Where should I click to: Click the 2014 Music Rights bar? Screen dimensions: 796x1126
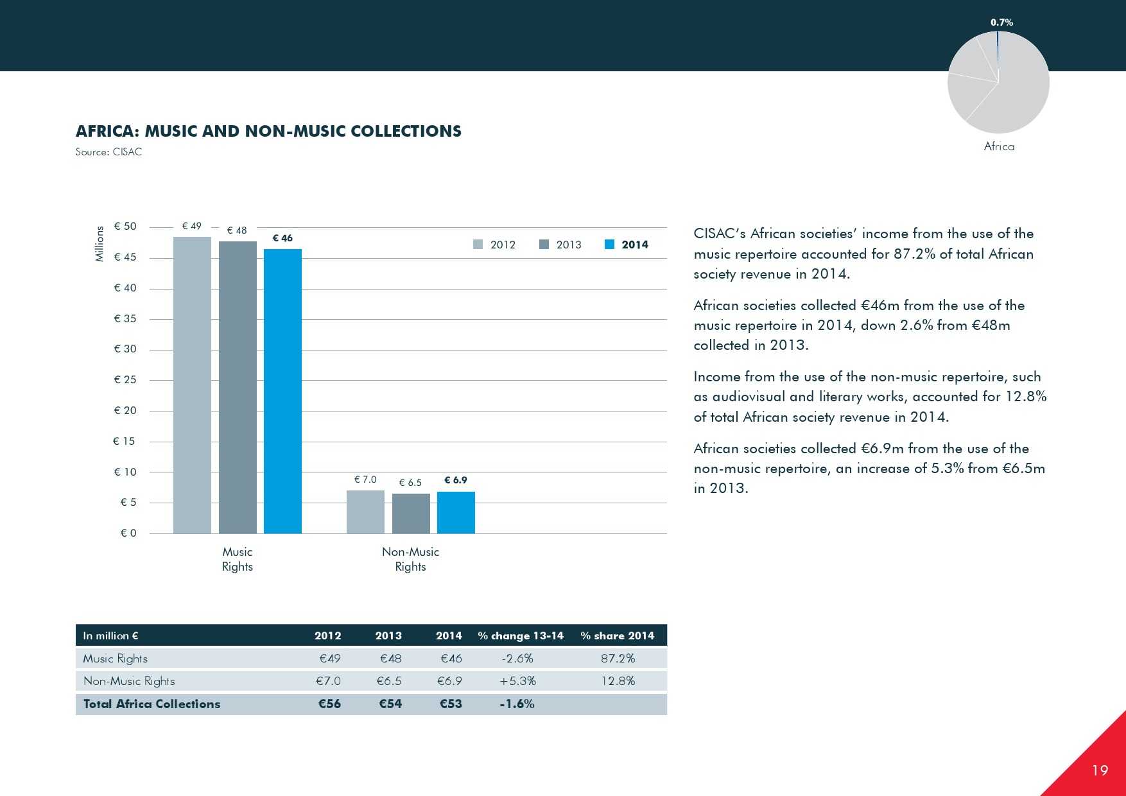[282, 391]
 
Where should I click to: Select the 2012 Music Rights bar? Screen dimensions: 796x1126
[192, 385]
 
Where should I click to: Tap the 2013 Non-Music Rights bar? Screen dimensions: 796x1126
[411, 514]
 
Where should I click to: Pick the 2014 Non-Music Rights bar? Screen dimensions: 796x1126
[456, 512]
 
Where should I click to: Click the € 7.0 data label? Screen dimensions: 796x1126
[365, 480]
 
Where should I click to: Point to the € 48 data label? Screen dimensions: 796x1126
[237, 230]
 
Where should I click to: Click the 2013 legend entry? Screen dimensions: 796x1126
[561, 245]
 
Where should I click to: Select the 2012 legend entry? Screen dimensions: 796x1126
[495, 245]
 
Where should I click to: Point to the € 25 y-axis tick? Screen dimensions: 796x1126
[125, 379]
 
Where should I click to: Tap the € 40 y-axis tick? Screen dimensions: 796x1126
[125, 288]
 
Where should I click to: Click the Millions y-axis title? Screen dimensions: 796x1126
[100, 244]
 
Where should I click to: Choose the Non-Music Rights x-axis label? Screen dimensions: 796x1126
[410, 559]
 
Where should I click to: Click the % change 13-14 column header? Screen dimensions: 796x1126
[521, 636]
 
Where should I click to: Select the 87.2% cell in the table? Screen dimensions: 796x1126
[618, 659]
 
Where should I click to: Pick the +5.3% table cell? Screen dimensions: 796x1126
[517, 681]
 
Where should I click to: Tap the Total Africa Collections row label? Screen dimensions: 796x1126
[152, 704]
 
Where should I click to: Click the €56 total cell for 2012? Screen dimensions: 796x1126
[329, 704]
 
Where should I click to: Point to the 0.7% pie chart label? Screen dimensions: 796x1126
[1001, 22]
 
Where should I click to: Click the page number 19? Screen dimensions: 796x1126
[1100, 770]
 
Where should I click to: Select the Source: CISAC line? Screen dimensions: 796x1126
[108, 152]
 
